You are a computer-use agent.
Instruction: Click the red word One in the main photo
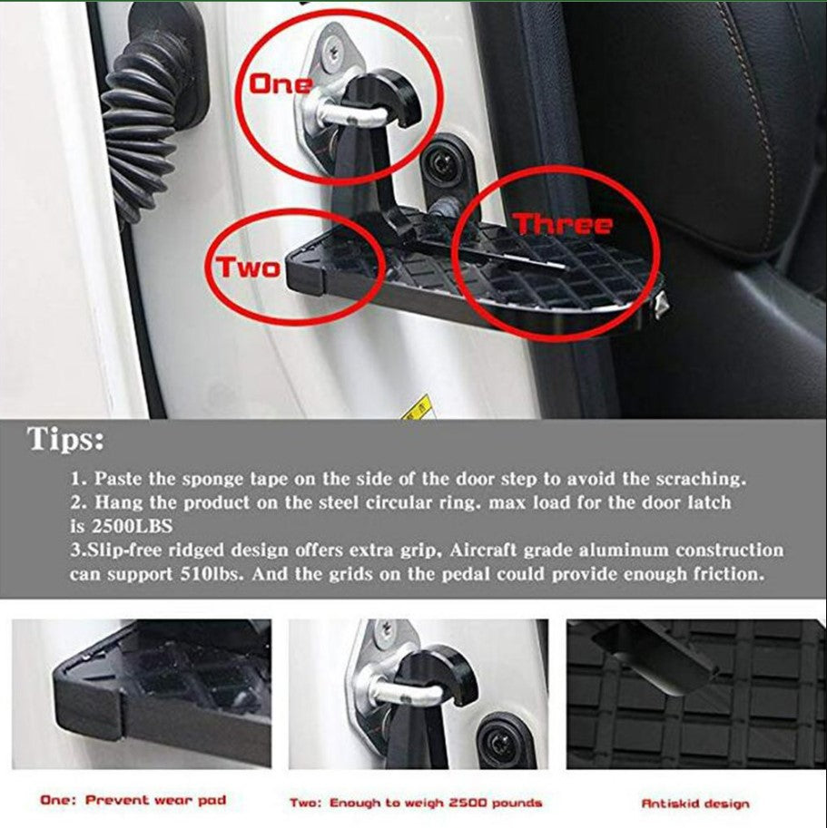click(x=281, y=85)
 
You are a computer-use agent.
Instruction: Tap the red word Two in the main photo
click(x=247, y=268)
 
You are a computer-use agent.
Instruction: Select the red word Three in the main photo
click(x=563, y=224)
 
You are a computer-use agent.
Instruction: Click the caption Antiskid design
click(x=695, y=803)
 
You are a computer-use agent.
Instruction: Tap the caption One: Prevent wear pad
click(x=133, y=800)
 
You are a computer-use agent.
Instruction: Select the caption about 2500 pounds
click(x=416, y=803)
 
